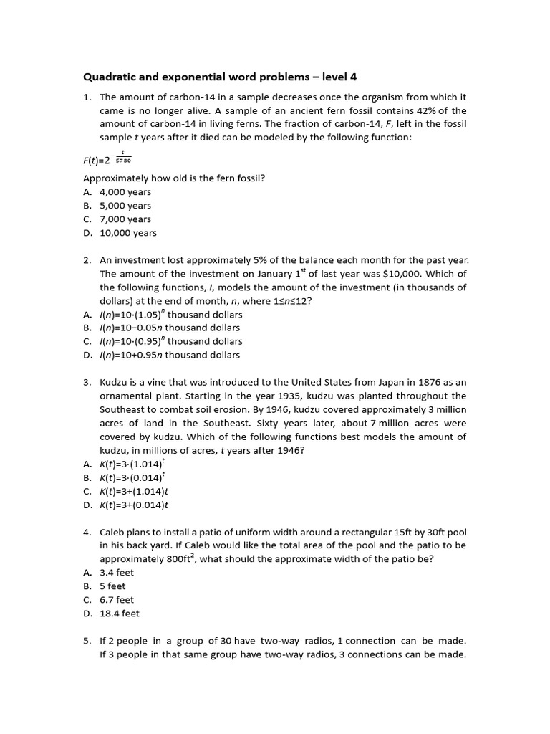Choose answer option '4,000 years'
point(125,192)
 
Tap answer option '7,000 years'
point(125,219)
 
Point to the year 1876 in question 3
point(420,382)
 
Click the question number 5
point(87,641)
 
